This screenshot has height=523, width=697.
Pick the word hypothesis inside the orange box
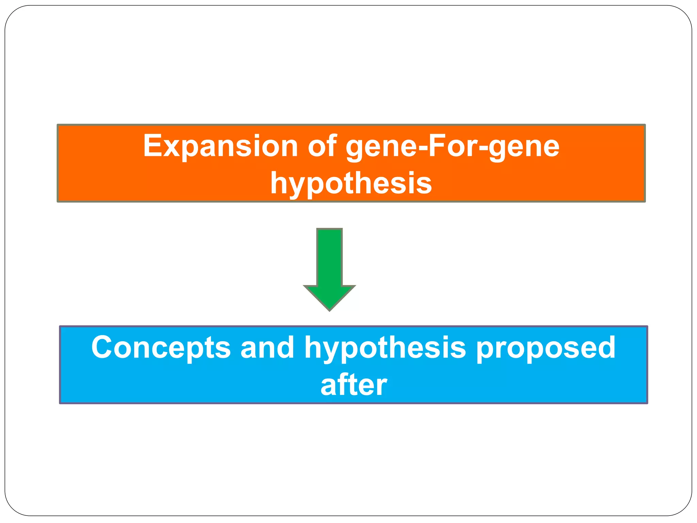(x=351, y=184)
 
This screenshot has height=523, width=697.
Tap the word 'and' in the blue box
(x=267, y=348)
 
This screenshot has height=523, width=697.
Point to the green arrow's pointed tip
(x=329, y=310)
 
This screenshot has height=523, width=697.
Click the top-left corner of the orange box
(x=58, y=125)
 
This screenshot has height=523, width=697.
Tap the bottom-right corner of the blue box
(x=647, y=403)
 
